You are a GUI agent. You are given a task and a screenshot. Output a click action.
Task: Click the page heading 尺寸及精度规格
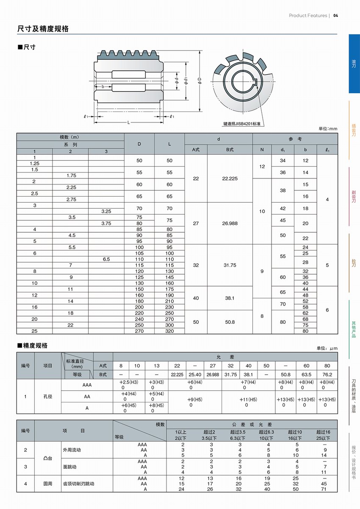43,29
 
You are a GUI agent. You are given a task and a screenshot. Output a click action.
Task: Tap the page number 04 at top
335,16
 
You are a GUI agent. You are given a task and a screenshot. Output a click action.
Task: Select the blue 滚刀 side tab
354,64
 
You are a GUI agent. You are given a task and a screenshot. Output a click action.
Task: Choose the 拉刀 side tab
354,263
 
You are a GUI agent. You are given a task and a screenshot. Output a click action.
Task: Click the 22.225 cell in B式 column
230,178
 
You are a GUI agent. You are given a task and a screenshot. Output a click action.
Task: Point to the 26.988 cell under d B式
230,223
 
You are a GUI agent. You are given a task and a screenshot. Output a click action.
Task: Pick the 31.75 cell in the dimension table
230,265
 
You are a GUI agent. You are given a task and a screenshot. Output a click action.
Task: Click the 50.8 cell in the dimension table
230,322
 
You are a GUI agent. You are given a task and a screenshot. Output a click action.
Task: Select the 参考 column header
295,139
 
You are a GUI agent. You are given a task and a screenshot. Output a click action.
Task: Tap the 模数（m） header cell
70,137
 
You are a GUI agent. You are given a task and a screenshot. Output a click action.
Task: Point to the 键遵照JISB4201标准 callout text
241,124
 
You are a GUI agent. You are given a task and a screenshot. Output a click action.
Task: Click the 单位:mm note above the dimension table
328,129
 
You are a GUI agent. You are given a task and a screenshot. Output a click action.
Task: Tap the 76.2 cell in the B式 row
327,375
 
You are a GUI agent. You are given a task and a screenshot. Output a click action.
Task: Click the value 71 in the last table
324,489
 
